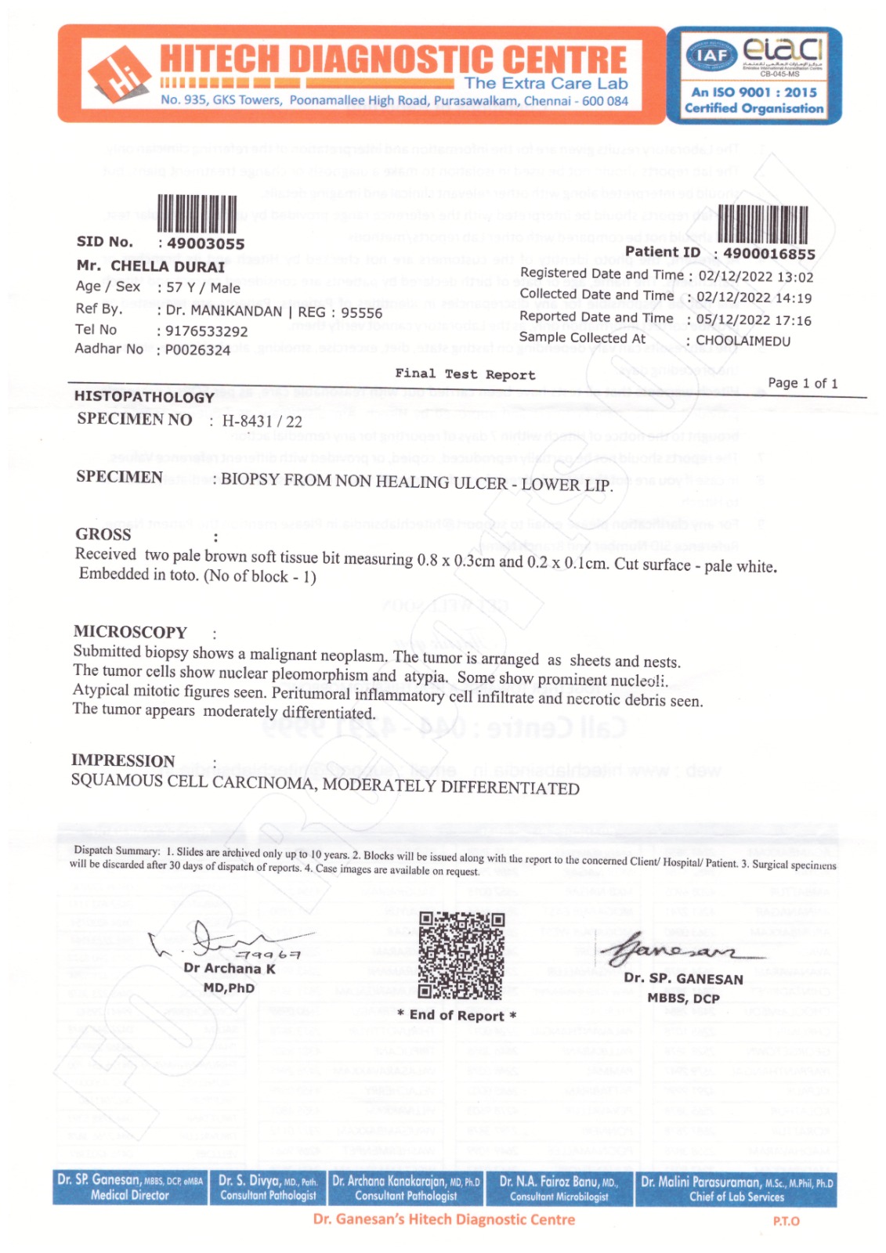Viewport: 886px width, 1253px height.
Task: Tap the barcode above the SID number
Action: click(x=197, y=214)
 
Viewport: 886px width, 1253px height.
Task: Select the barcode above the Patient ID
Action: click(x=762, y=224)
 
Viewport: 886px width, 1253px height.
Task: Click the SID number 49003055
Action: click(x=205, y=244)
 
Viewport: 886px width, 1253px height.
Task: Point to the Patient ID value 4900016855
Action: click(x=768, y=254)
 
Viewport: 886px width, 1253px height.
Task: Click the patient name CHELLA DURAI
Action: click(x=167, y=266)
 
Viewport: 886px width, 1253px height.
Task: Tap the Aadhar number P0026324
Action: click(x=197, y=350)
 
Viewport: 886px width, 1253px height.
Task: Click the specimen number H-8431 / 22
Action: click(x=262, y=421)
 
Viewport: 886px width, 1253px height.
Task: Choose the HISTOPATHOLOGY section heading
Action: click(x=143, y=396)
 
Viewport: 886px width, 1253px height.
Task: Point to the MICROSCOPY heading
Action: click(x=130, y=632)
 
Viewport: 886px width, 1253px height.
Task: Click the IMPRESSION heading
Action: click(x=123, y=760)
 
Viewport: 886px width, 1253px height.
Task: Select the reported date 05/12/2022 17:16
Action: click(x=754, y=320)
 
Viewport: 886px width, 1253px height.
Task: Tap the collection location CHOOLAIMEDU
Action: click(x=743, y=341)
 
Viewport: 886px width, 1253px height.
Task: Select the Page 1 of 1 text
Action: click(x=802, y=383)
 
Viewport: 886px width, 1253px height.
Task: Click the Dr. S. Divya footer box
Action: click(x=268, y=1188)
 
